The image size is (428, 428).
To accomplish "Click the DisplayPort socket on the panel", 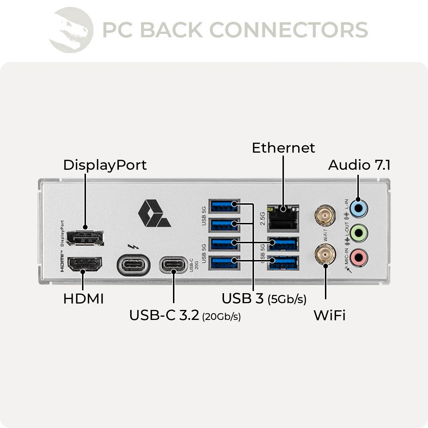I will (85, 238).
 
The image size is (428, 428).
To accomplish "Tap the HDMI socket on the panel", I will (85, 264).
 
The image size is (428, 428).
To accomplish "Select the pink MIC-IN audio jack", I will (358, 257).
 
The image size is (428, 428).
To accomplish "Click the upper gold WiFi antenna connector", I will (325, 216).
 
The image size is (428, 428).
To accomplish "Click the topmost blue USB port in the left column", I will (224, 206).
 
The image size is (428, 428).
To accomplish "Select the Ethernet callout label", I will (283, 148).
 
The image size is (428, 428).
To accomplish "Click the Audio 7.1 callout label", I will (359, 165).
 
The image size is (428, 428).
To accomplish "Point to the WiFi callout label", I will (329, 315).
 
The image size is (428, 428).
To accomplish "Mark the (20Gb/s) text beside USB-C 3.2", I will (221, 317).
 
